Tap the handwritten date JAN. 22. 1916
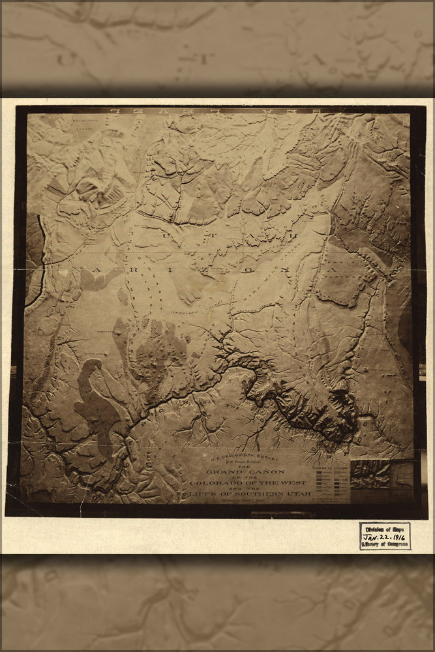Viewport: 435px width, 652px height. (x=385, y=535)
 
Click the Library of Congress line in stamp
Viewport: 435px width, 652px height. (x=385, y=543)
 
